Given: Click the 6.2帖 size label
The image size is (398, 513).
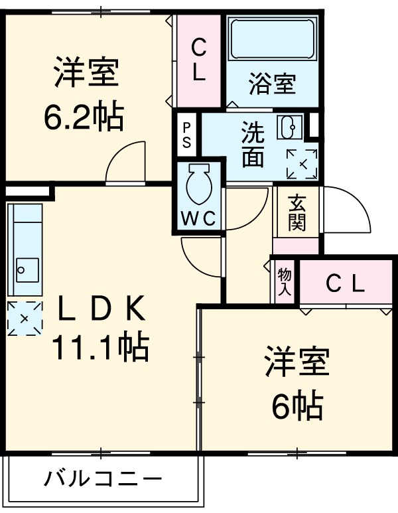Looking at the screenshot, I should pyautogui.click(x=84, y=117).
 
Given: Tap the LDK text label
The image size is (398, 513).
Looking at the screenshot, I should pyautogui.click(x=100, y=308).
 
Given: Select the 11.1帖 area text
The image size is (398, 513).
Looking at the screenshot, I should pyautogui.click(x=100, y=346).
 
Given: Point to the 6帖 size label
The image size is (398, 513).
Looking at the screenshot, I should pyautogui.click(x=297, y=405).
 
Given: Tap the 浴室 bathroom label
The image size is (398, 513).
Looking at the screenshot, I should pyautogui.click(x=272, y=84).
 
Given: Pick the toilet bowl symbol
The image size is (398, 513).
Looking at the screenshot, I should pyautogui.click(x=199, y=184).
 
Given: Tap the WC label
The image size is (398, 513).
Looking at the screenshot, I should pyautogui.click(x=199, y=220).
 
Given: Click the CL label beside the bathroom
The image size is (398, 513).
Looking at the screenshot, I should pyautogui.click(x=199, y=60).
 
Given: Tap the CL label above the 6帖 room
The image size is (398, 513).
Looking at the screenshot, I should pyautogui.click(x=346, y=284).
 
